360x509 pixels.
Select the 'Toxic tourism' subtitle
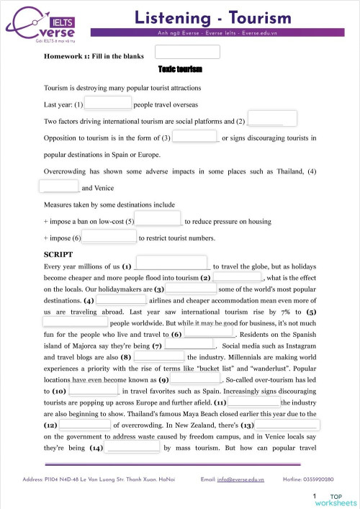coord(180,69)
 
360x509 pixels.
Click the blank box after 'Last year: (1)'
coord(108,103)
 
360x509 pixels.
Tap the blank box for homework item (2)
coord(272,119)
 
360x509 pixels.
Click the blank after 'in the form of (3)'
coord(195,135)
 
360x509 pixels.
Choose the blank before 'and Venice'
coord(59,186)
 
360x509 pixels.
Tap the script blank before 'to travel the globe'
coord(171,265)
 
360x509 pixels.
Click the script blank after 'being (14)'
coord(133,447)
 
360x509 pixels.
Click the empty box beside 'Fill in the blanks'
coord(187,52)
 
